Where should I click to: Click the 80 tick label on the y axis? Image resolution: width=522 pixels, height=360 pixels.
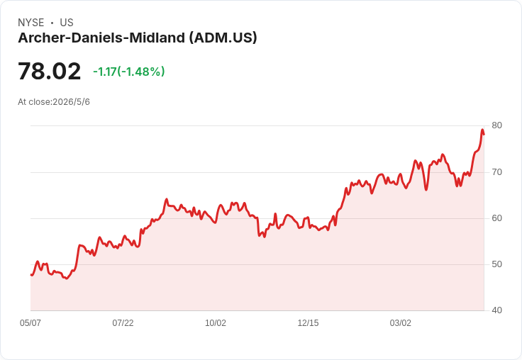496,125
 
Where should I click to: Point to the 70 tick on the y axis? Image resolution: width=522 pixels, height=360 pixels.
496,172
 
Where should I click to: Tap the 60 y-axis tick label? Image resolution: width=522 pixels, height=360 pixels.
496,218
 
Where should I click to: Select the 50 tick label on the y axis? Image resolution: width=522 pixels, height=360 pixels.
496,264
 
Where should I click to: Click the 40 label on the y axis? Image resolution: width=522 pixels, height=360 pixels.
496,310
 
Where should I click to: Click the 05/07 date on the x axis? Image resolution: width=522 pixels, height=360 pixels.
30,323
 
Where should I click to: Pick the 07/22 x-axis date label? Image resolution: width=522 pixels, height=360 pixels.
123,323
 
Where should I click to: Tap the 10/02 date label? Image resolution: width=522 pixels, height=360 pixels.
216,323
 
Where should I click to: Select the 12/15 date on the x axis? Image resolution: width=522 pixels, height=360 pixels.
308,323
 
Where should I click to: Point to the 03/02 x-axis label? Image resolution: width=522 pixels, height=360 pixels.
401,323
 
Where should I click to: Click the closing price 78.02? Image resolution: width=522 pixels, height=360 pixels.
49,72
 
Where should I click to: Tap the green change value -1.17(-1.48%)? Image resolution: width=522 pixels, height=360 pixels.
129,72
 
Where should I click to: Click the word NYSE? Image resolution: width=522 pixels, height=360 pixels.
31,23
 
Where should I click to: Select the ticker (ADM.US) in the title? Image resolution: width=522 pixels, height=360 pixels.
223,38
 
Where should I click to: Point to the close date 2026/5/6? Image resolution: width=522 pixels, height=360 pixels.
71,102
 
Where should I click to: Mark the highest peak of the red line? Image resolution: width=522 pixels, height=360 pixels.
482,130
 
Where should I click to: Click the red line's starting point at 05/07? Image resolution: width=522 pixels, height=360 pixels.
31,275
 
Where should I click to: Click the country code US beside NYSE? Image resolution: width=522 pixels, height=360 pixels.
67,23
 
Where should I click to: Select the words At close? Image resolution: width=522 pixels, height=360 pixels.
34,102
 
